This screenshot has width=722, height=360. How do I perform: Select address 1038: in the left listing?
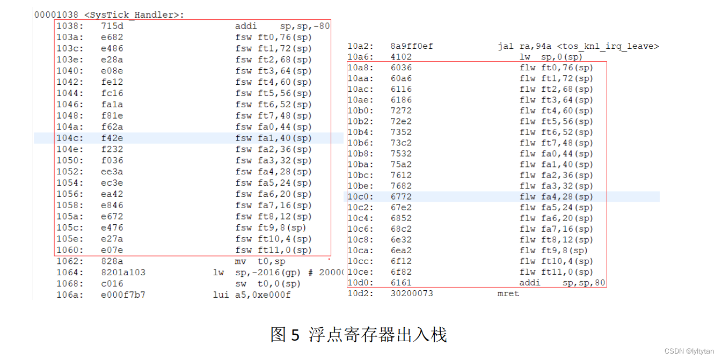[70, 26]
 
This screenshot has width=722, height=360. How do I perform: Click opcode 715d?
[112, 26]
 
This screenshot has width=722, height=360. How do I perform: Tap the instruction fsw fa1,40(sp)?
[273, 138]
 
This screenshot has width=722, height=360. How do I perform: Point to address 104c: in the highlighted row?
[70, 138]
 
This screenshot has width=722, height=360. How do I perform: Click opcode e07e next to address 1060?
[112, 250]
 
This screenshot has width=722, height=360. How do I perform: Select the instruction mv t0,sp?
[260, 261]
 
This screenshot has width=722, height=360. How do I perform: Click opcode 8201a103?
[123, 273]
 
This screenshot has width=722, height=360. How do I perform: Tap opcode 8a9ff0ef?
[412, 46]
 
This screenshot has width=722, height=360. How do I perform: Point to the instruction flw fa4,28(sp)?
[556, 197]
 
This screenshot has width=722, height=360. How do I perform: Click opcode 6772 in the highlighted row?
[402, 197]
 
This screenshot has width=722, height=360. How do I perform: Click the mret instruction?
[508, 293]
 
